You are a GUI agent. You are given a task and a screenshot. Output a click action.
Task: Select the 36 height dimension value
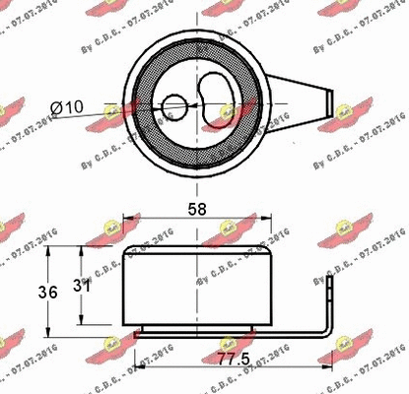click(x=31, y=292)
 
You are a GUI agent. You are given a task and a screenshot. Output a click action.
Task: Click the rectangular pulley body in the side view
click(x=197, y=286)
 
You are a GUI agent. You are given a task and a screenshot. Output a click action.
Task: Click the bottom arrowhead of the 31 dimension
click(x=81, y=322)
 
